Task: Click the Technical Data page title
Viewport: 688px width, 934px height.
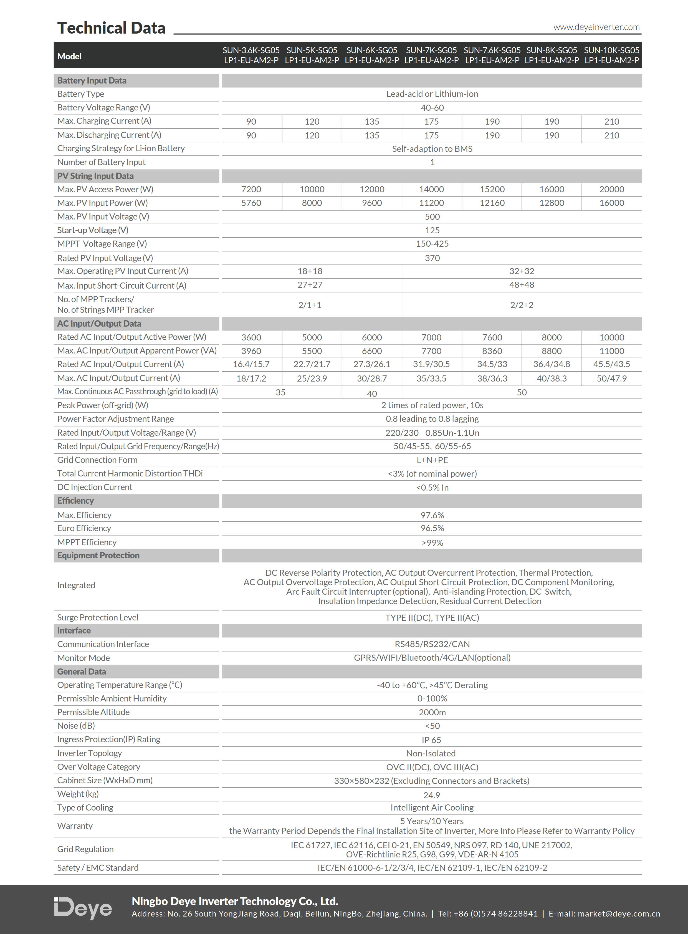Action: coord(111,28)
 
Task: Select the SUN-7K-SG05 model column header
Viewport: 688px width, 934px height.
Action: coord(431,55)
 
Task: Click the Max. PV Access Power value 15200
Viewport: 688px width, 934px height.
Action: coord(492,189)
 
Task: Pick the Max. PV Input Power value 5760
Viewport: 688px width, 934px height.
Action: coord(251,203)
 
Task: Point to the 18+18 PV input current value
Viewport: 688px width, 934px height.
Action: coord(310,271)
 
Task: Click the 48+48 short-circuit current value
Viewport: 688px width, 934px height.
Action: coord(522,285)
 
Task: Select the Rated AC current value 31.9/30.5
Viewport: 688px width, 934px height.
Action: coord(431,364)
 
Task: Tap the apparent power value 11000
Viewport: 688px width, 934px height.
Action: coord(611,351)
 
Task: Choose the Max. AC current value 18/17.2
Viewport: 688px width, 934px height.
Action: coord(251,378)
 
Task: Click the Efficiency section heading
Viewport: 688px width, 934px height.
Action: coord(75,501)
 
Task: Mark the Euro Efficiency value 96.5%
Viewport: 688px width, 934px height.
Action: coord(432,528)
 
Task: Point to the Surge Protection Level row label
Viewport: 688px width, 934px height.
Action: coord(97,617)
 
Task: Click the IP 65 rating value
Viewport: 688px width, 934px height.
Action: coord(431,740)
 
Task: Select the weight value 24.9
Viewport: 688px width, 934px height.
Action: coord(431,795)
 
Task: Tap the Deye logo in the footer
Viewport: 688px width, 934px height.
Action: coord(83,908)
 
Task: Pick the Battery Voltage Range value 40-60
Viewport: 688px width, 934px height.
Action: coord(432,107)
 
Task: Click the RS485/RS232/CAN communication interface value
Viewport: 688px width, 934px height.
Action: coord(432,644)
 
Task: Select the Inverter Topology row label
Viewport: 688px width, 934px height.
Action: coord(90,753)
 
